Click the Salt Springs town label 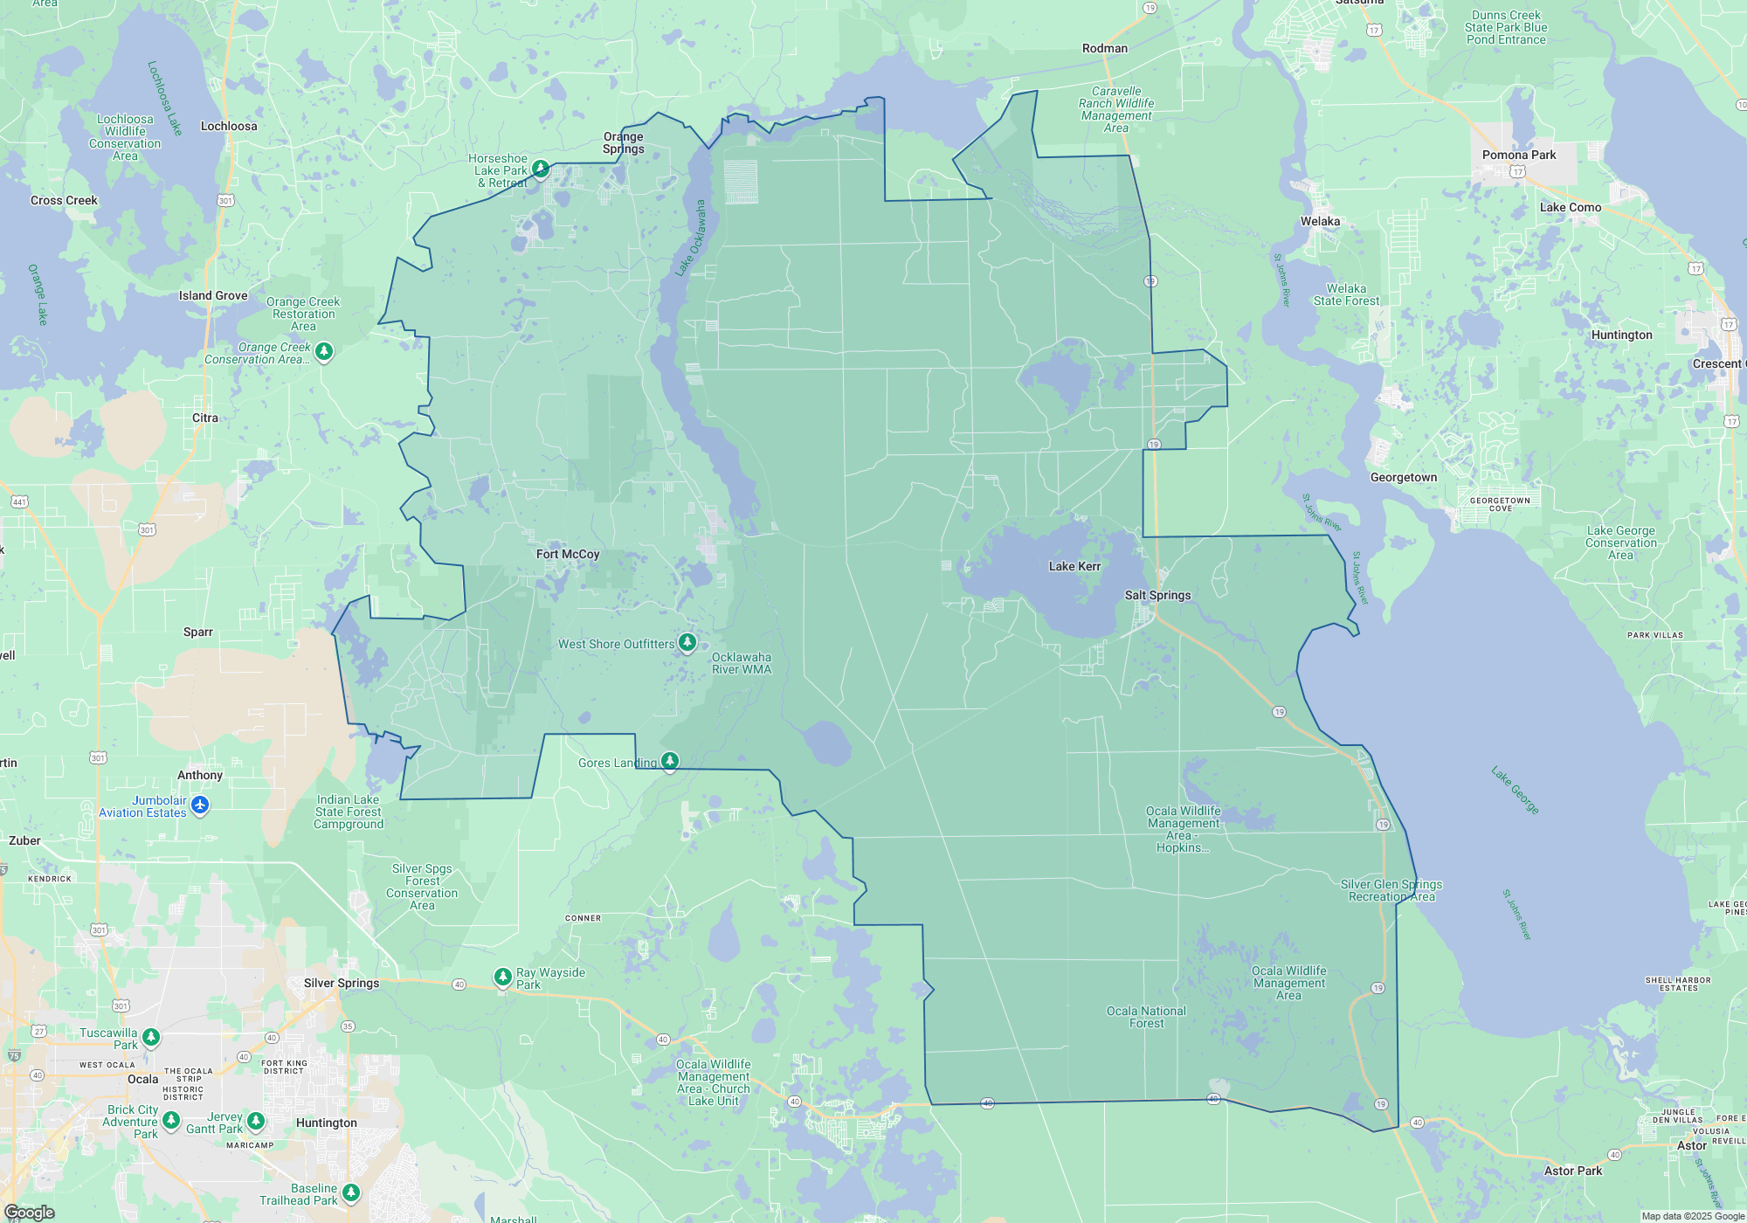(1157, 595)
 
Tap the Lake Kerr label (1074, 566)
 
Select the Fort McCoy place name (568, 554)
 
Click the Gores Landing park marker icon (670, 761)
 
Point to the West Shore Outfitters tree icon (687, 643)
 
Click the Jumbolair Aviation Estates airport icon (200, 805)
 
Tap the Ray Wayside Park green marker (502, 977)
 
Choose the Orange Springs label (624, 142)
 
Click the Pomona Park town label (1519, 155)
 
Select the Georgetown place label (1403, 477)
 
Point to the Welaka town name (1320, 221)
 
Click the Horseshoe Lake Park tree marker (541, 168)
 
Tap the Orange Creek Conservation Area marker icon (324, 351)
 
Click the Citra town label (205, 418)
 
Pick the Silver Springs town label (342, 983)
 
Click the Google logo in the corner (29, 1212)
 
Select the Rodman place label (1104, 48)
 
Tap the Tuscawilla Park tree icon (151, 1037)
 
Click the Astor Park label (1573, 1171)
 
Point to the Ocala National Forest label (1146, 1017)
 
